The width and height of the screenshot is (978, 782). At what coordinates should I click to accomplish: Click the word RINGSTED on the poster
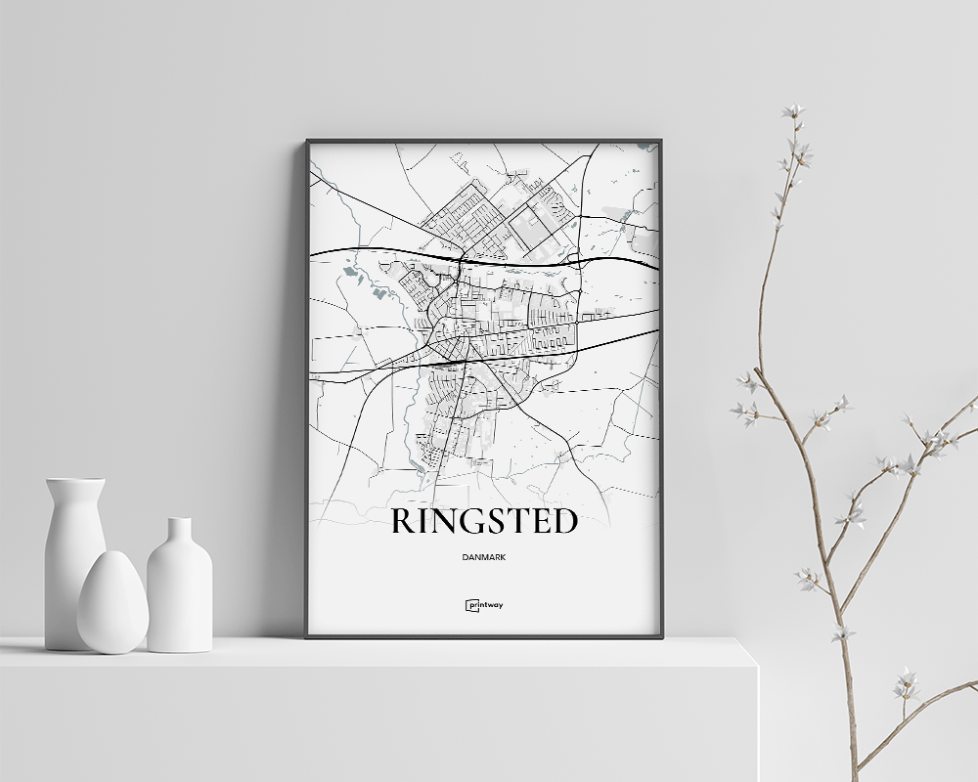point(484,522)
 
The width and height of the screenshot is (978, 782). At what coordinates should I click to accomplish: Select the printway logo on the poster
point(484,605)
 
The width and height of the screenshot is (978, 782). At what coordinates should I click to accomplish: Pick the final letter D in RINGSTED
point(565,522)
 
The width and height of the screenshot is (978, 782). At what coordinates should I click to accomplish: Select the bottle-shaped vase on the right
point(179,591)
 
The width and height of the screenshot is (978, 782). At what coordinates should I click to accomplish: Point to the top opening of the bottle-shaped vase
point(179,521)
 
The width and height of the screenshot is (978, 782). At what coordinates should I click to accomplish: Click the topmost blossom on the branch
point(793,110)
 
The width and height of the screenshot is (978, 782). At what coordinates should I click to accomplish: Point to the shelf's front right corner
point(757,665)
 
